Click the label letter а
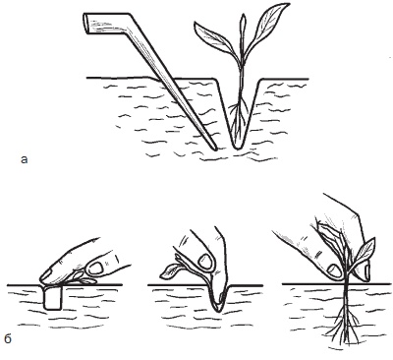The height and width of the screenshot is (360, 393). coord(24,160)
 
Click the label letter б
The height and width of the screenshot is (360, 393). coord(8,338)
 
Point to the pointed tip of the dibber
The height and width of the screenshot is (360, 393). coord(214,149)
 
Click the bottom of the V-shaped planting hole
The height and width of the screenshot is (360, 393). coord(237,147)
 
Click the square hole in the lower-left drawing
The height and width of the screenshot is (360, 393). coord(52,298)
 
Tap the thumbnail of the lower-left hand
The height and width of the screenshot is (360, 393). coord(96,269)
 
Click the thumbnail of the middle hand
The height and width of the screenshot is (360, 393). coord(204,261)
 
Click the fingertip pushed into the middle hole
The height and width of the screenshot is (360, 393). coord(218,300)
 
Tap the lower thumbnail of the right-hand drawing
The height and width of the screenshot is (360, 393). coord(334,270)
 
